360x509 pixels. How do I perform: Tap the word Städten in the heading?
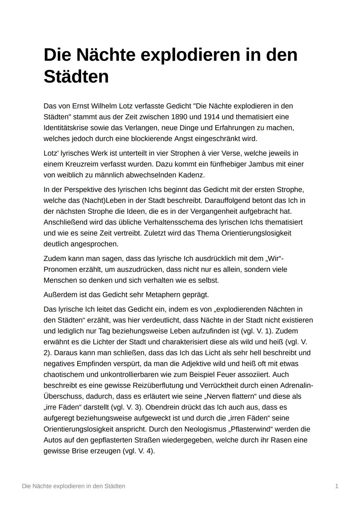[76, 77]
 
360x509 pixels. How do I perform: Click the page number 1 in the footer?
[337, 486]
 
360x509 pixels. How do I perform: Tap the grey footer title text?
[74, 486]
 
